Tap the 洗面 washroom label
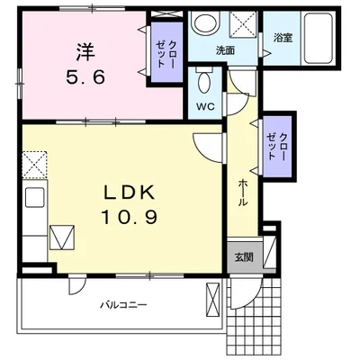click(x=225, y=49)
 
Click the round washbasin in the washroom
click(x=204, y=24)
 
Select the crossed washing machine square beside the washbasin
click(x=242, y=24)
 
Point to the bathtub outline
click(x=316, y=39)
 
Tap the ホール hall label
click(x=242, y=192)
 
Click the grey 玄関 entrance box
click(x=243, y=256)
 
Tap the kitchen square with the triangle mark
click(x=63, y=238)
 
